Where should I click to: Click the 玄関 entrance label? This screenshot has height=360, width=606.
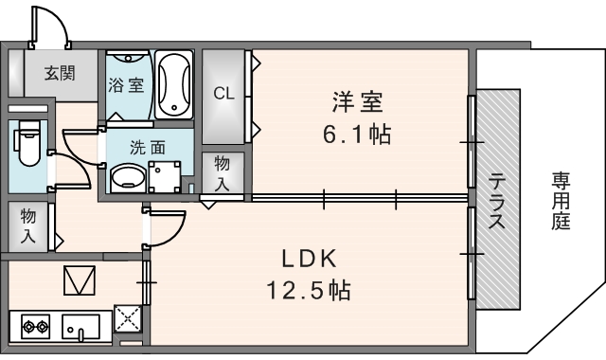58,71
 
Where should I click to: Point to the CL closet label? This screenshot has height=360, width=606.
223,93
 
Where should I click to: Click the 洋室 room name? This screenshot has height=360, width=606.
356,99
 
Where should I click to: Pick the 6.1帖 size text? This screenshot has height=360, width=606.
356,134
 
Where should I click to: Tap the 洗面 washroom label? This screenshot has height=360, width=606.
149,147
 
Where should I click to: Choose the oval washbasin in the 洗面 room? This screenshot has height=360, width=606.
127,177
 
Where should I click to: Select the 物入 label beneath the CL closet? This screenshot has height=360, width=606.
222,172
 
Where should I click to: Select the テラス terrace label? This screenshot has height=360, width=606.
495,201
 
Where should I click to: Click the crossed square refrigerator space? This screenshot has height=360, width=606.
127,317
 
